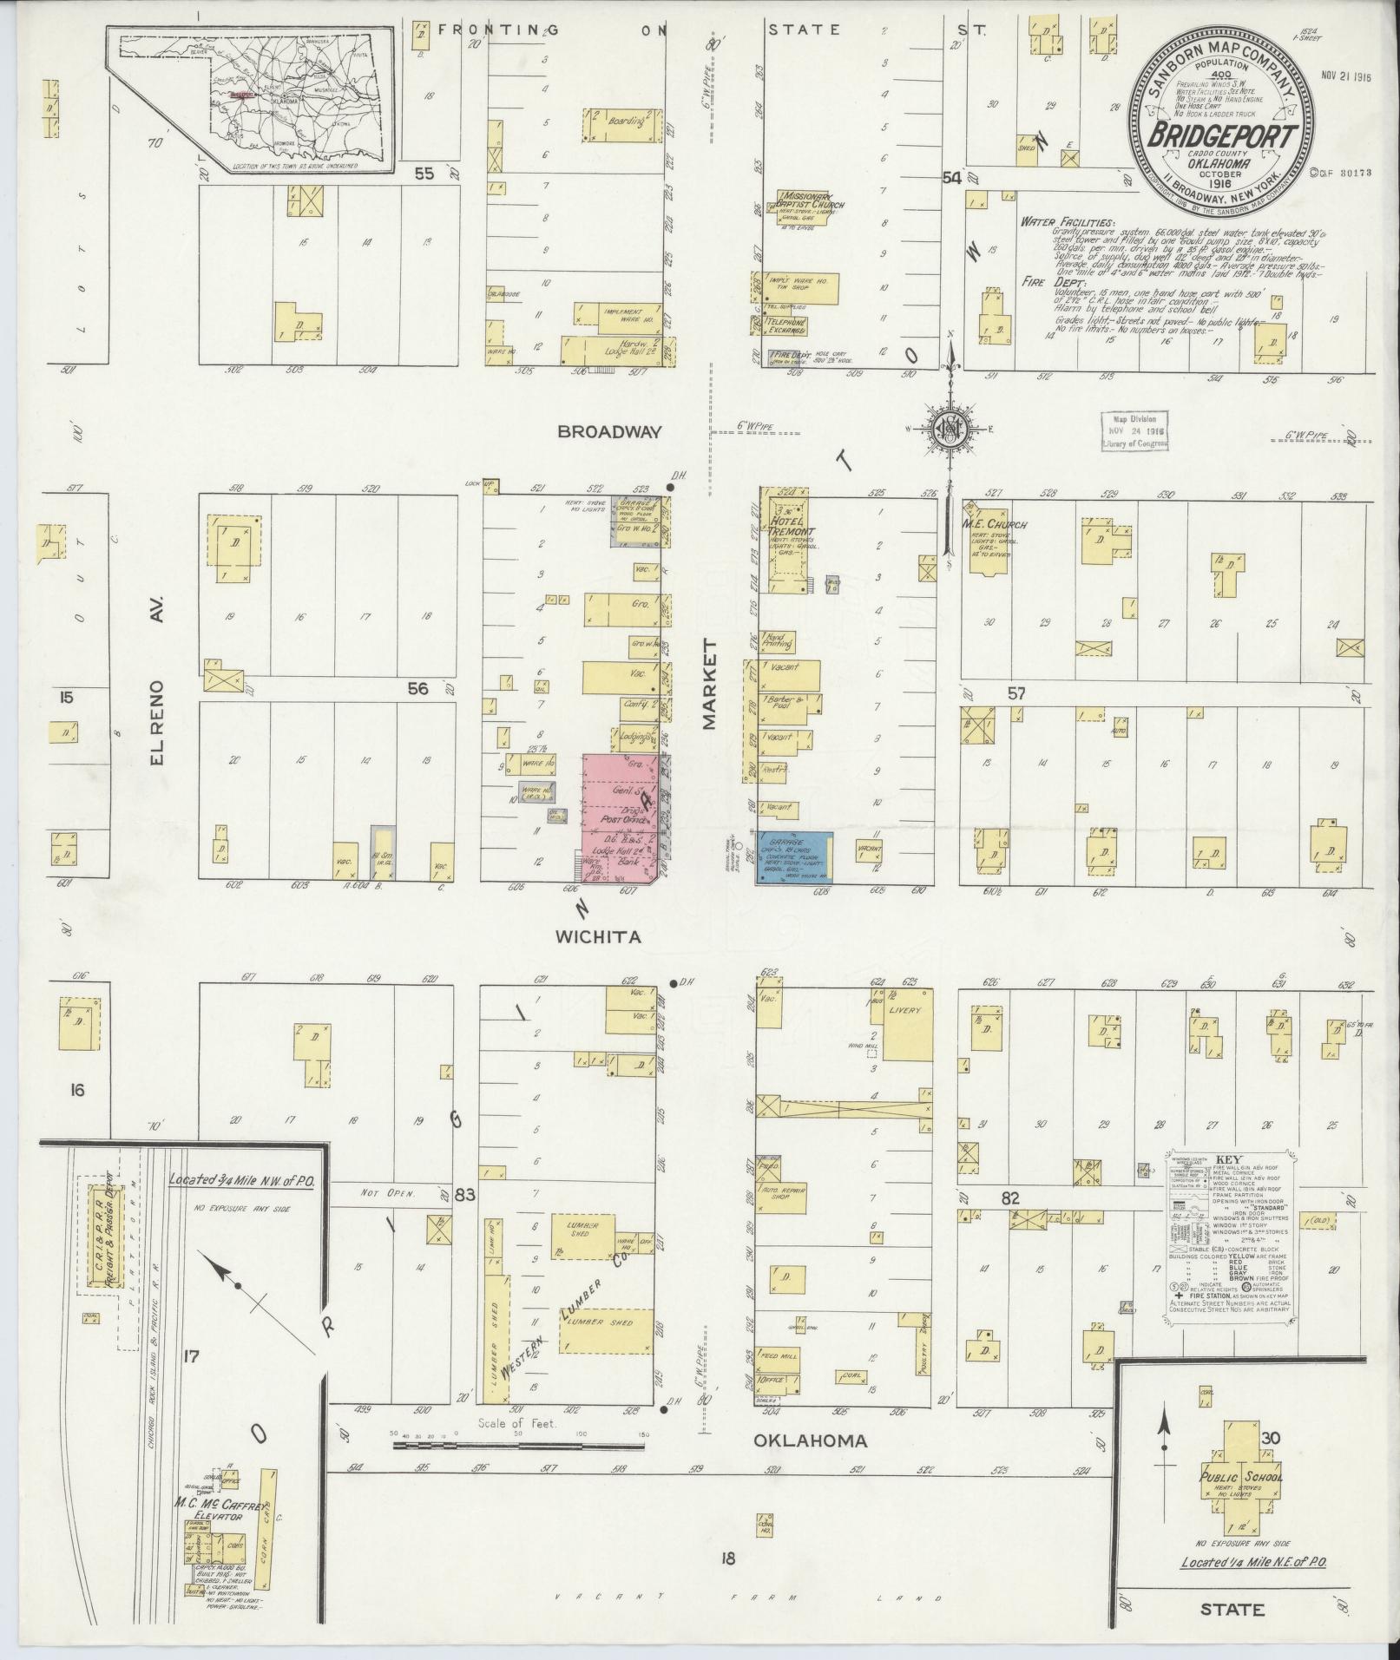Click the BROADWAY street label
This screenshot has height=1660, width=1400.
tap(610, 431)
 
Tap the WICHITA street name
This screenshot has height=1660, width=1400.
tap(599, 937)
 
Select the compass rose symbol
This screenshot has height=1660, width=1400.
tap(951, 428)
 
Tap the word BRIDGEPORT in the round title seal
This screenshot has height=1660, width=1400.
tap(1224, 136)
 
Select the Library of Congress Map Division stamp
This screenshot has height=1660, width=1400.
tap(1134, 431)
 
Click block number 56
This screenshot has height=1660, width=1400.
tap(418, 688)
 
